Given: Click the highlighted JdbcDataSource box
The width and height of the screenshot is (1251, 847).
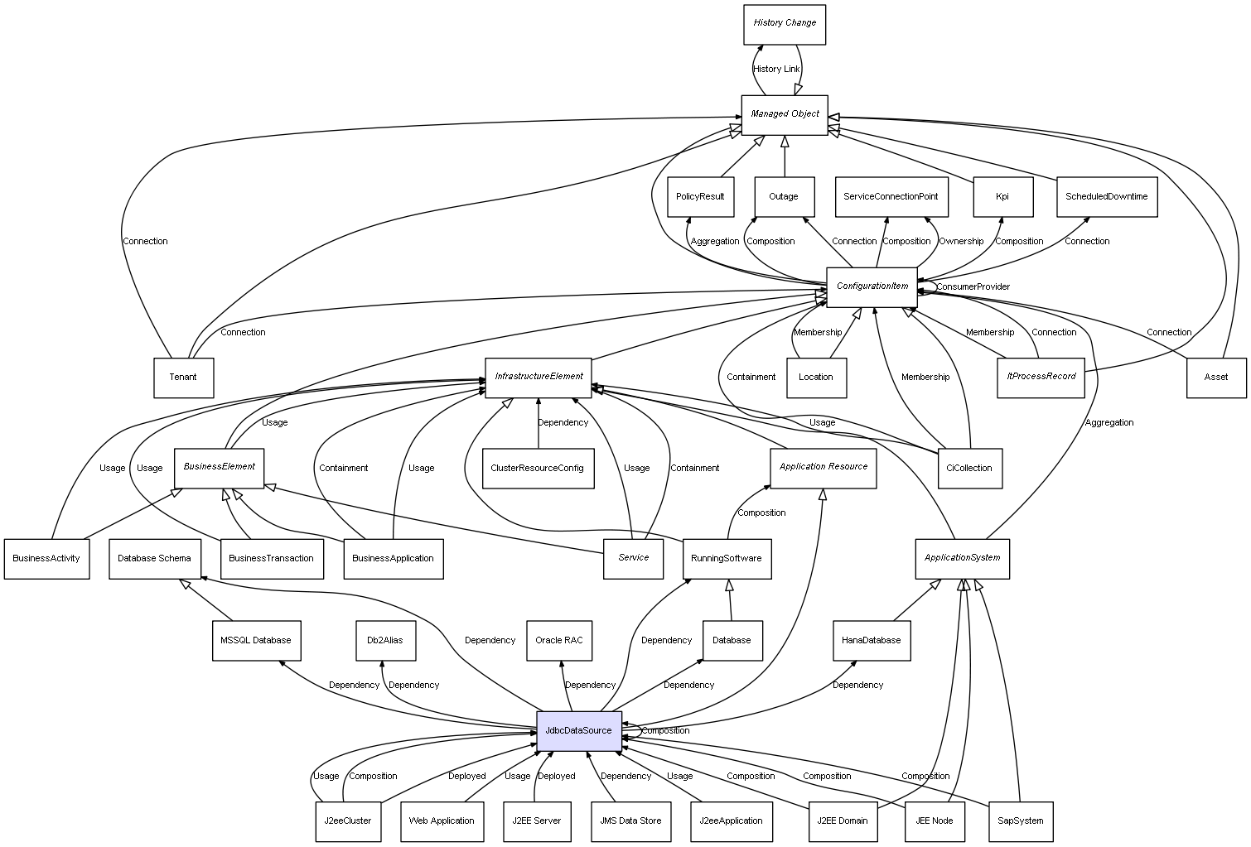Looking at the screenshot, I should click(x=578, y=731).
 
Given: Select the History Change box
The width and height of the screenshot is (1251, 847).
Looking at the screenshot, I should click(x=785, y=23).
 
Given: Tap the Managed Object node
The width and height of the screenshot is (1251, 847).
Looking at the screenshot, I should click(x=785, y=114).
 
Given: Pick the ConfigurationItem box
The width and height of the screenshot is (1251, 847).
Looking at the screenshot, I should click(x=872, y=286).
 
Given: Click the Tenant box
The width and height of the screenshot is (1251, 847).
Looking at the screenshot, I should click(x=183, y=378).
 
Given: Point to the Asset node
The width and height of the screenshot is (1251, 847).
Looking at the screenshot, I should click(x=1215, y=378).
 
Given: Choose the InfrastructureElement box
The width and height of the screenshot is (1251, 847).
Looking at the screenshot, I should click(x=539, y=377).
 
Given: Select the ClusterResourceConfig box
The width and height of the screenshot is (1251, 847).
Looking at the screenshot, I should click(x=538, y=468).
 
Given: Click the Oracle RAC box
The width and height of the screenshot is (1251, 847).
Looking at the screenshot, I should click(x=559, y=640).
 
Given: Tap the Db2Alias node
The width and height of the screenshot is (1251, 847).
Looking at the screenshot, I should click(x=385, y=640).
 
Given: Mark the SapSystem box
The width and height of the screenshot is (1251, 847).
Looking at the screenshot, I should click(x=1020, y=821).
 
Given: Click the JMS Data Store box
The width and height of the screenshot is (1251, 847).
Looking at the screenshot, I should click(x=630, y=821).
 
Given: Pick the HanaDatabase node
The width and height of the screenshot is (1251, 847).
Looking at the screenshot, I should click(x=871, y=640).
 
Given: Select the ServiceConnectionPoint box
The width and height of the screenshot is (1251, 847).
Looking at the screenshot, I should click(x=891, y=197).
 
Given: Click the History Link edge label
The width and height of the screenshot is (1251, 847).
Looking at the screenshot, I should click(x=776, y=70).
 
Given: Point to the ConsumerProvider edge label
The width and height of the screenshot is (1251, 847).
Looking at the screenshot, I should click(x=973, y=287).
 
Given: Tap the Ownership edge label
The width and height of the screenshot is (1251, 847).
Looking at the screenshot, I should click(x=961, y=242).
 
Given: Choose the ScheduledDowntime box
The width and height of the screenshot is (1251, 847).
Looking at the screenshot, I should click(x=1106, y=197).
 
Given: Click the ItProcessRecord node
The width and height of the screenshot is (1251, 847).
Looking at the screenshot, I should click(x=1041, y=377).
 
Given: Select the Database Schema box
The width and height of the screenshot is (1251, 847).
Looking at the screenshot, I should click(x=154, y=559).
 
